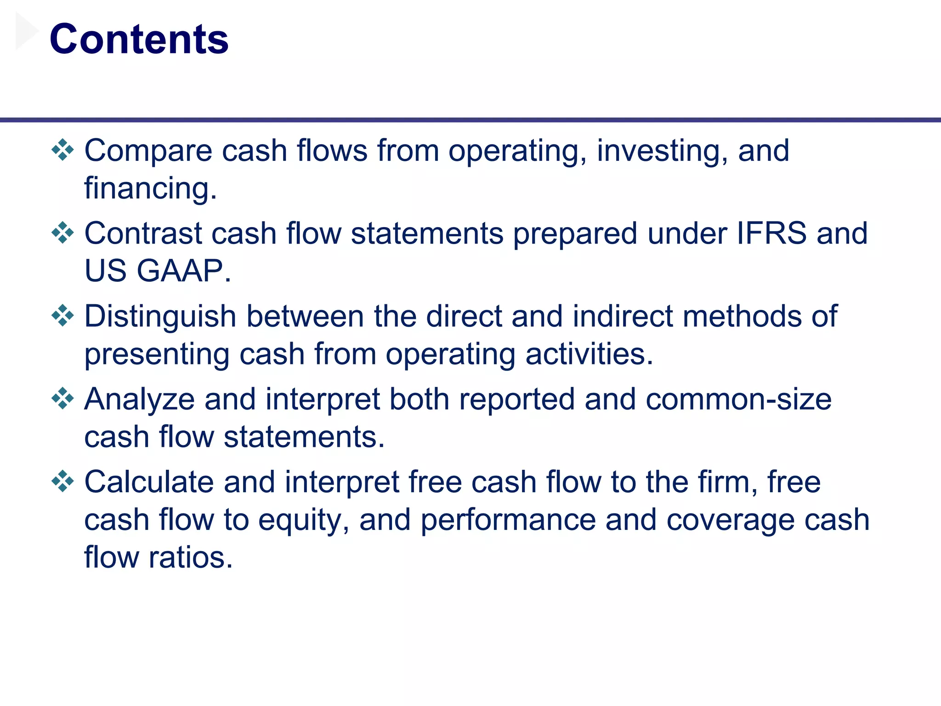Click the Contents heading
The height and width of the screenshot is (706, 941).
tap(139, 40)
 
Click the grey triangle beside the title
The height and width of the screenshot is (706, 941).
tap(26, 31)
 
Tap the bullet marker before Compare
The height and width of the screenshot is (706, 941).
tap(63, 150)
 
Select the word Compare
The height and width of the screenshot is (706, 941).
tap(148, 152)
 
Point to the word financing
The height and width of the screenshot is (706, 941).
tap(150, 188)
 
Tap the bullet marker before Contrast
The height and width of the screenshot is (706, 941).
tap(63, 233)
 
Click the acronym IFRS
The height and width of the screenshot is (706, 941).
tap(771, 233)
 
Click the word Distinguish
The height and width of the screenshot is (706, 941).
tap(160, 317)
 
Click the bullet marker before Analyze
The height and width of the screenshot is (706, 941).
tap(63, 399)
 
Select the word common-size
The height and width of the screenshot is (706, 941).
tap(738, 399)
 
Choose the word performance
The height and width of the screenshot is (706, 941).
tap(508, 520)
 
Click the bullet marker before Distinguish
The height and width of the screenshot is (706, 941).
tap(63, 316)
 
